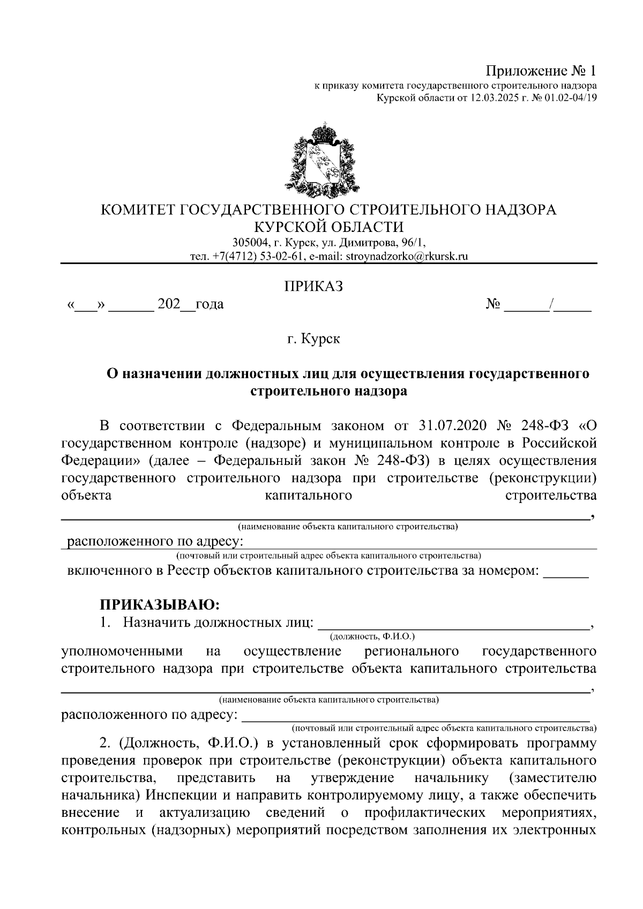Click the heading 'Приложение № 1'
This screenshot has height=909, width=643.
pyautogui.click(x=541, y=71)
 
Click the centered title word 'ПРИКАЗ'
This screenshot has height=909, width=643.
pyautogui.click(x=313, y=286)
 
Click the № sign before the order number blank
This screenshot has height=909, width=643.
pyautogui.click(x=494, y=305)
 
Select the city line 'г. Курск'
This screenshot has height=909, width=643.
pyautogui.click(x=313, y=339)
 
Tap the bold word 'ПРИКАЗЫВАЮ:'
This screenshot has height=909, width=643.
pyautogui.click(x=160, y=605)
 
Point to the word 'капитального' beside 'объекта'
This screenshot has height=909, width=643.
pyautogui.click(x=309, y=495)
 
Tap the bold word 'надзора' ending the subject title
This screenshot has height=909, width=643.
pyautogui.click(x=381, y=392)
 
